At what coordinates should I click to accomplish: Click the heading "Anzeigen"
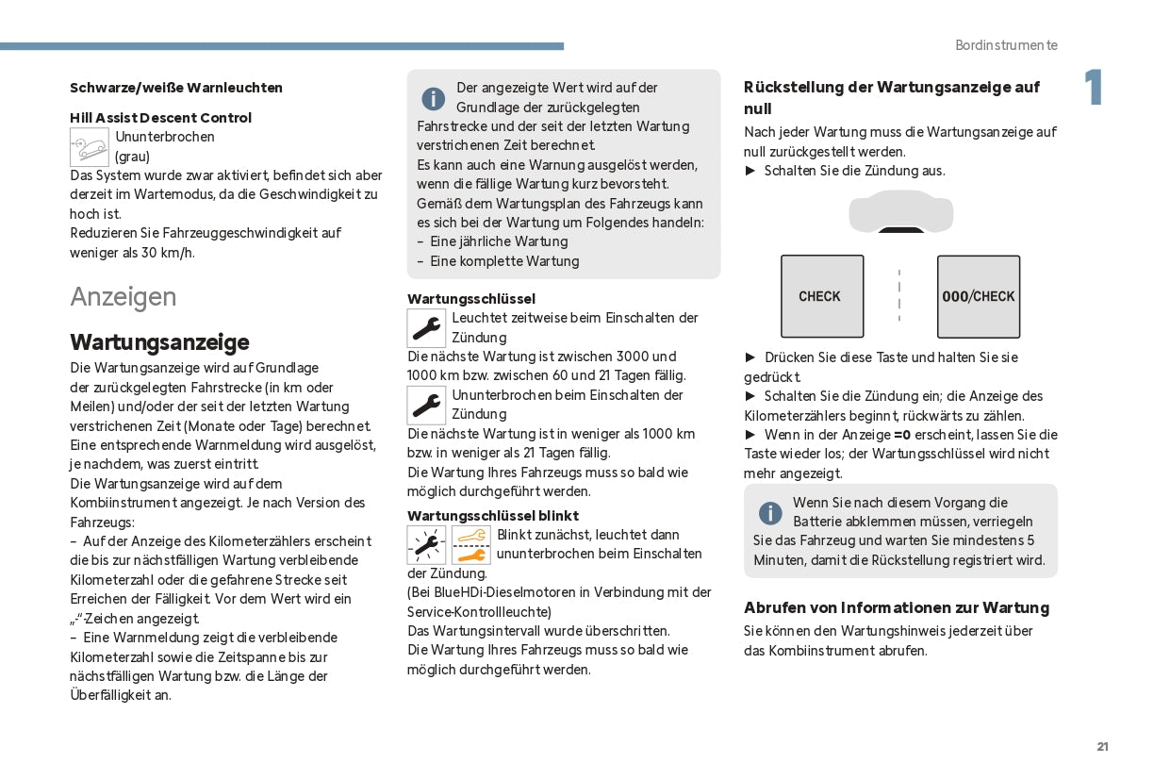click(124, 297)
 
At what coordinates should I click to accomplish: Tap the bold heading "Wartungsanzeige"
click(159, 341)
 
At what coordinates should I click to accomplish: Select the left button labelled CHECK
click(821, 296)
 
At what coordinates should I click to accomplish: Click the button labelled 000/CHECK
click(979, 296)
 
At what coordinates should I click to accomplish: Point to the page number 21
click(1102, 747)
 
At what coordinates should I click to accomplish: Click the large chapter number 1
click(1093, 89)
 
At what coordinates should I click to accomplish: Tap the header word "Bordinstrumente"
click(1006, 45)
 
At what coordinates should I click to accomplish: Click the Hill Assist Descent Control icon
click(90, 147)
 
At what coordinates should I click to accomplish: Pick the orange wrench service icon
click(471, 545)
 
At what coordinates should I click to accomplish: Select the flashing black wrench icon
click(426, 545)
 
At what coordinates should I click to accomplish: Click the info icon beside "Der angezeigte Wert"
click(434, 98)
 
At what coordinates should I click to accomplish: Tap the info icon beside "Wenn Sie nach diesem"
click(770, 513)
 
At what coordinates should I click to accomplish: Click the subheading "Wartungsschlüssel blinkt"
click(493, 516)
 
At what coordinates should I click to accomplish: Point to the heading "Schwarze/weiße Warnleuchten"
click(176, 88)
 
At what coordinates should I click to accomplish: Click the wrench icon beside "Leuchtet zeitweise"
click(426, 328)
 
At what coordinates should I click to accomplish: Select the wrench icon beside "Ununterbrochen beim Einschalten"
click(426, 406)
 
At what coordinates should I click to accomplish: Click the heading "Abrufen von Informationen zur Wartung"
click(897, 608)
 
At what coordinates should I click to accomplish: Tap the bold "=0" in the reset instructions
click(902, 435)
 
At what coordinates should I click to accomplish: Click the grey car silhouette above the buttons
click(900, 211)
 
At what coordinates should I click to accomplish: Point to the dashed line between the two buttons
click(899, 295)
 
